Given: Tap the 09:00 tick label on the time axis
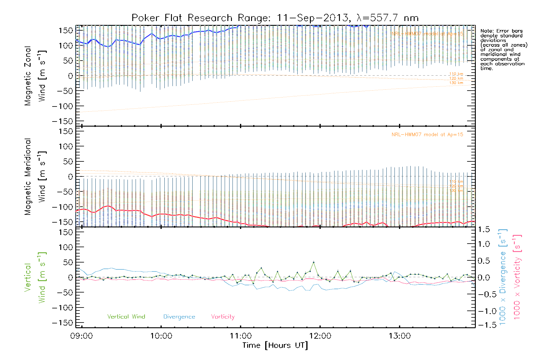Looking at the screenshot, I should point(82,336).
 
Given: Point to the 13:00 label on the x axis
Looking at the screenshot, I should point(400,336).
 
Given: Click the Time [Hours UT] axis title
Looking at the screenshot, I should point(275,345).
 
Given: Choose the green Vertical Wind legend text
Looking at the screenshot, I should point(126,316).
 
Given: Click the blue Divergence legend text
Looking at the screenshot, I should point(179,316).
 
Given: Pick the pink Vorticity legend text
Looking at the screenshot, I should point(223,316).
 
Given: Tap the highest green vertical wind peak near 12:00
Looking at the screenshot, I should point(313,262).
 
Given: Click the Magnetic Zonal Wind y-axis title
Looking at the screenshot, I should point(35,76).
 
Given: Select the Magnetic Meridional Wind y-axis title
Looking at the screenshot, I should point(35,177).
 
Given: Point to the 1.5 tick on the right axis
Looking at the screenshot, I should point(484,229).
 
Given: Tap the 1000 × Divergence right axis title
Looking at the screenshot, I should point(502,277).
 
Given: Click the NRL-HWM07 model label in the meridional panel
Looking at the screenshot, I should point(427,134).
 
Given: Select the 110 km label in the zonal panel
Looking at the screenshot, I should point(456,74).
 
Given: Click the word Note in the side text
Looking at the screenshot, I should point(486,31).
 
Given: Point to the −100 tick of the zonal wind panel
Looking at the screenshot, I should point(62,106).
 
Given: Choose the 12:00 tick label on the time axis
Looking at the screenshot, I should point(320,336).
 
